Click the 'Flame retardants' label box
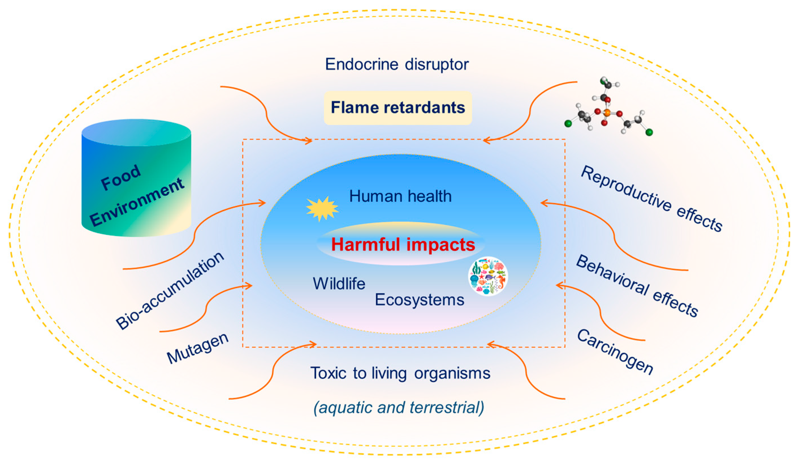pyautogui.click(x=398, y=108)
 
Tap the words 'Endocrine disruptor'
pyautogui.click(x=396, y=65)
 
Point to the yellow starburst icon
pyautogui.click(x=322, y=208)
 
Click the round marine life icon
pyautogui.click(x=488, y=276)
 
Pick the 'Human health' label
pyautogui.click(x=400, y=196)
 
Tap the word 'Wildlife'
pyautogui.click(x=339, y=284)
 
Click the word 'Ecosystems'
pyautogui.click(x=419, y=300)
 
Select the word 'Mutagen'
pyautogui.click(x=197, y=348)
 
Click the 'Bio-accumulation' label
pyautogui.click(x=170, y=290)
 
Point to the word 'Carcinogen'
pyautogui.click(x=615, y=352)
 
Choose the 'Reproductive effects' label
pyautogui.click(x=652, y=199)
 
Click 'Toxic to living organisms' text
pyautogui.click(x=400, y=373)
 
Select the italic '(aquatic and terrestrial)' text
pyautogui.click(x=399, y=407)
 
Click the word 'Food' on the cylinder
pyautogui.click(x=120, y=177)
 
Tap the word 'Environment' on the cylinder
pyautogui.click(x=137, y=202)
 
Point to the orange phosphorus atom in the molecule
pyautogui.click(x=606, y=112)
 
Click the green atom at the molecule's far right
pyautogui.click(x=649, y=132)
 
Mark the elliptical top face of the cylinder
pyautogui.click(x=136, y=132)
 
